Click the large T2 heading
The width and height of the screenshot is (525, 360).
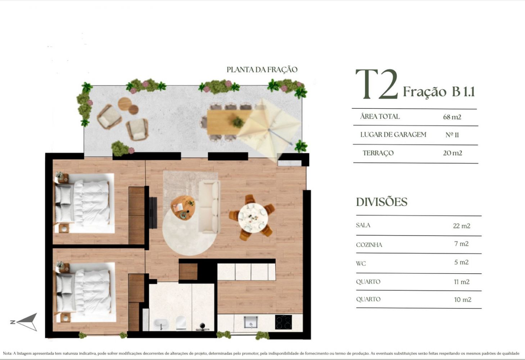(x=377, y=84)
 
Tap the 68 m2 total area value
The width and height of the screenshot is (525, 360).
(x=452, y=117)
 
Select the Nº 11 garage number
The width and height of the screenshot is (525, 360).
(x=452, y=135)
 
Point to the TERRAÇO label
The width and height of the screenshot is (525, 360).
(x=378, y=153)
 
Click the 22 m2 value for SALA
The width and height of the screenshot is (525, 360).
(x=461, y=226)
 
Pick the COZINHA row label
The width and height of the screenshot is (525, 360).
(x=369, y=245)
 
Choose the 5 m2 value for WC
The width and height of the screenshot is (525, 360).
(x=461, y=262)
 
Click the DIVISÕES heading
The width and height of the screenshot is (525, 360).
(x=381, y=202)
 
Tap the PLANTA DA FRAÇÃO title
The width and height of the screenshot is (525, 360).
(x=262, y=69)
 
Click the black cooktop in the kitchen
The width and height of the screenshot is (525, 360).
(x=283, y=322)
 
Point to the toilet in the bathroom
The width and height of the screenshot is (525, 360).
(x=181, y=323)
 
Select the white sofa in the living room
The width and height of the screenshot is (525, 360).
(x=209, y=207)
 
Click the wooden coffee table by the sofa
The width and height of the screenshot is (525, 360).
(x=182, y=208)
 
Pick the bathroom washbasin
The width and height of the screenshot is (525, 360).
(x=161, y=324)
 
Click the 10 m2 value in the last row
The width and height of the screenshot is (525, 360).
(x=462, y=300)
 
